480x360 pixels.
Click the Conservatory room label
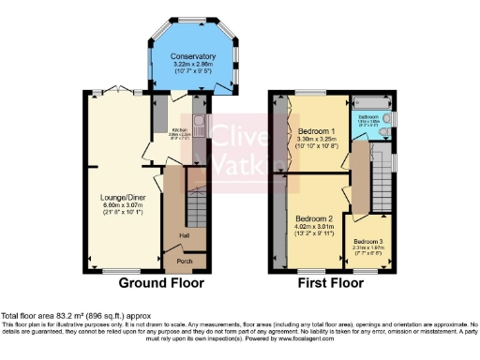coord(193,57)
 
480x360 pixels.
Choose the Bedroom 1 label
coord(316,131)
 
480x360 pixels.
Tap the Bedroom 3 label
coord(368,241)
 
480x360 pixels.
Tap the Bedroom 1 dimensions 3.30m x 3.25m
coord(316,140)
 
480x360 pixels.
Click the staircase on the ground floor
coord(195,212)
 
